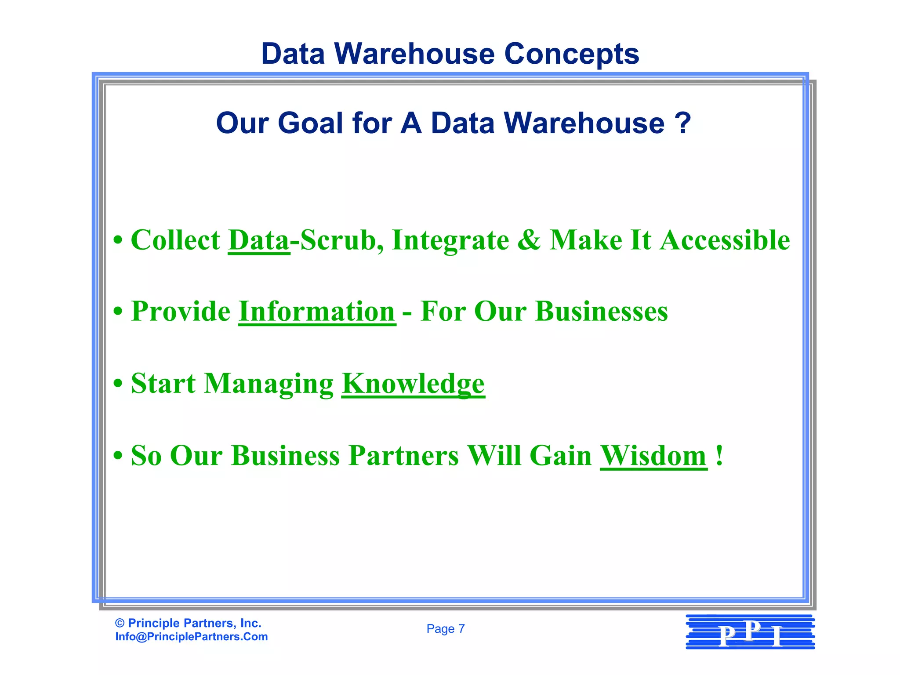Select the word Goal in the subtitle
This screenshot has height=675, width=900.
pyautogui.click(x=310, y=123)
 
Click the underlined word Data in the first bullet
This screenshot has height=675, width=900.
pyautogui.click(x=259, y=240)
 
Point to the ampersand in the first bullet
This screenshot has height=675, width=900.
pyautogui.click(x=529, y=240)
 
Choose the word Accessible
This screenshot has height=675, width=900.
pyautogui.click(x=725, y=240)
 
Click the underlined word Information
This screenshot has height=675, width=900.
pyautogui.click(x=317, y=312)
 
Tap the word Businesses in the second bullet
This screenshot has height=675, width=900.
pyautogui.click(x=601, y=312)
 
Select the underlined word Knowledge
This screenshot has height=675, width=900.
pyautogui.click(x=413, y=384)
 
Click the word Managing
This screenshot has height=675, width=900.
pyautogui.click(x=269, y=384)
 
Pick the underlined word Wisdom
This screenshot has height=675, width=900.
pyautogui.click(x=653, y=456)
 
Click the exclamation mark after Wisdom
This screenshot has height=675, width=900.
pyautogui.click(x=719, y=456)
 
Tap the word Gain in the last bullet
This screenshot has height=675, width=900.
pyautogui.click(x=561, y=456)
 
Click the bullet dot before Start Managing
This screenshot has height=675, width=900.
pyautogui.click(x=118, y=384)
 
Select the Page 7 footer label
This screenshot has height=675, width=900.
pyautogui.click(x=446, y=629)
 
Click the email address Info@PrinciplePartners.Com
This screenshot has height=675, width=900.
pyautogui.click(x=192, y=637)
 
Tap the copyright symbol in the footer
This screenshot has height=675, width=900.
pyautogui.click(x=120, y=623)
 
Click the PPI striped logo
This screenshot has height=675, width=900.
pyautogui.click(x=750, y=632)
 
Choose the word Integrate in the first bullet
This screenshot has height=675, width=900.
pyautogui.click(x=450, y=240)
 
